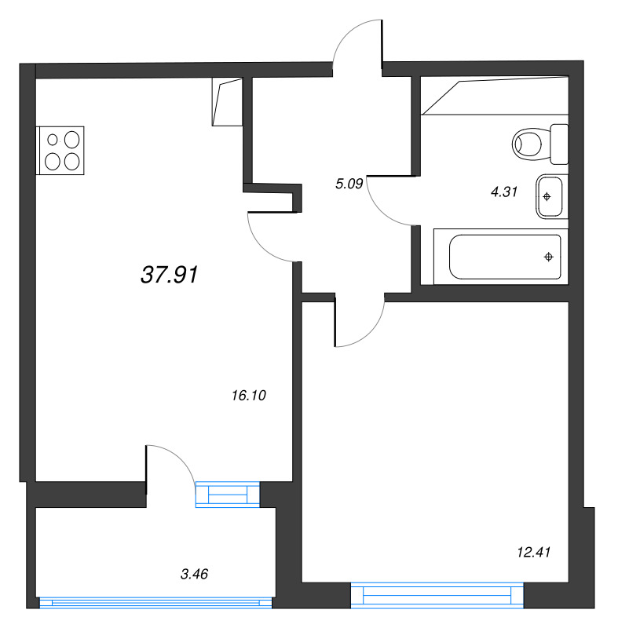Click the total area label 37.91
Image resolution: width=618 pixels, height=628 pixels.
coord(169,275)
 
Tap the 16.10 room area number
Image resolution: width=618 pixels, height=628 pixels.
coord(249,396)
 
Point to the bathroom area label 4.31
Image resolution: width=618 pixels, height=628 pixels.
coord(503,191)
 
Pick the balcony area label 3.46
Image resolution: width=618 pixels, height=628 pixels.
coord(194,575)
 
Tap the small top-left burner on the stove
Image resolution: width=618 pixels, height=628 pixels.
coord(53,141)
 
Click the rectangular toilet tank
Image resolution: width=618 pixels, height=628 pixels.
coord(559,143)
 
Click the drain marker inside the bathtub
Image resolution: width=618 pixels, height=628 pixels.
coord(548,257)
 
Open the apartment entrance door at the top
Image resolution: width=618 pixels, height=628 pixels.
coord(357,43)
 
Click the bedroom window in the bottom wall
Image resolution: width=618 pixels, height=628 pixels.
coord(437,595)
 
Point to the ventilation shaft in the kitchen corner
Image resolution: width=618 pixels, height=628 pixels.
coord(226,102)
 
